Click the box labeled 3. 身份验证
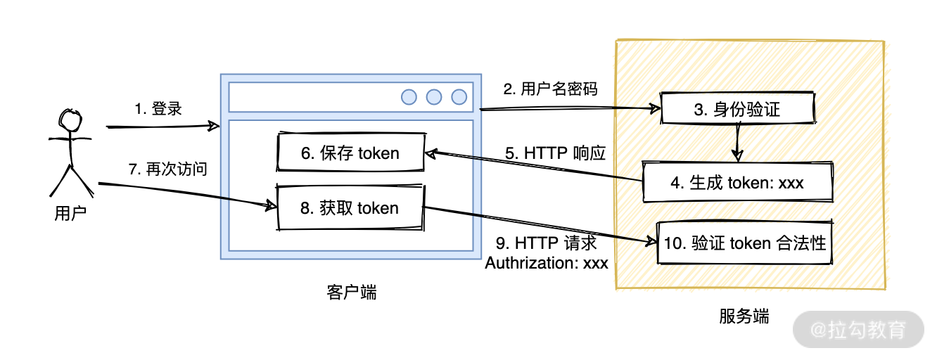coord(737,109)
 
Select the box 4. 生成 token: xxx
coord(737,182)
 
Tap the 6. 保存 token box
coord(350,153)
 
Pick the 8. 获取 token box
coord(350,208)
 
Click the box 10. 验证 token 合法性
coord(744,243)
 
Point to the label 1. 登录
coord(158,109)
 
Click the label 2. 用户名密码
coord(550,89)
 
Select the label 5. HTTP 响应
coord(555,153)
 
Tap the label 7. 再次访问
coord(167,169)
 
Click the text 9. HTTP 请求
coord(547,243)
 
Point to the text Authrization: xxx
coord(547,263)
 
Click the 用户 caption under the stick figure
coord(70,214)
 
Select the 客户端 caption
coord(352,292)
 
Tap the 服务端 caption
coord(744,316)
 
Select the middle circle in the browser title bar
coord(434,97)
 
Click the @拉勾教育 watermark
coord(858,329)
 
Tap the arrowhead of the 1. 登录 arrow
coord(214,127)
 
